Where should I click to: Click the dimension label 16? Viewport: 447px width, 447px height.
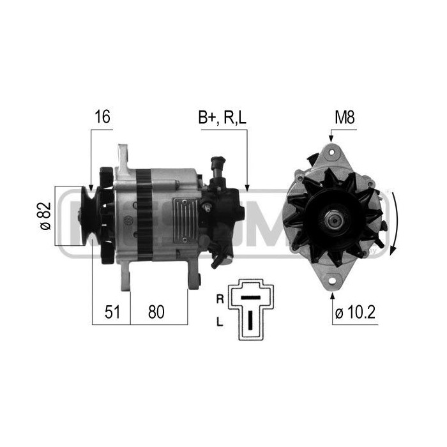[x=103, y=117]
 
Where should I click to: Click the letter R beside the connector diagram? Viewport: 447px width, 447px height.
[x=220, y=298]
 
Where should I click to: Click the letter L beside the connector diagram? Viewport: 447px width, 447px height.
[x=220, y=322]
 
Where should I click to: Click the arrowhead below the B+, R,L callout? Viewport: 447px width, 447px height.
[x=247, y=188]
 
